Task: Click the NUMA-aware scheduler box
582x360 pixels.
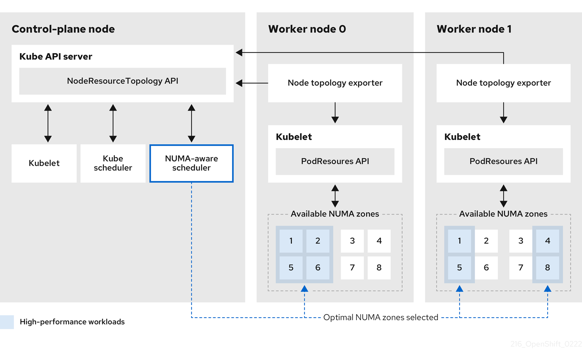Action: click(191, 163)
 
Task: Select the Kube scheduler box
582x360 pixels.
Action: click(113, 163)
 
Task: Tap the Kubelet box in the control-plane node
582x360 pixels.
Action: click(44, 163)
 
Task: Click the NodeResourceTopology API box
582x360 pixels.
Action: click(123, 81)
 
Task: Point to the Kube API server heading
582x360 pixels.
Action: click(56, 57)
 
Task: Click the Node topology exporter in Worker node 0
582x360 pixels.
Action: click(335, 83)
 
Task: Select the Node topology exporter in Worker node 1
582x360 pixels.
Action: click(504, 83)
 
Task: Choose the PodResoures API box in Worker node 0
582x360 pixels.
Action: click(335, 161)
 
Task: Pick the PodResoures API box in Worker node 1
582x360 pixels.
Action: click(504, 161)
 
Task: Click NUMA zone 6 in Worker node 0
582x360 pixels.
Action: click(318, 268)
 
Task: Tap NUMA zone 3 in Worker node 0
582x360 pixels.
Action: click(352, 241)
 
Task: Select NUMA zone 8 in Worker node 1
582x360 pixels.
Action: click(548, 268)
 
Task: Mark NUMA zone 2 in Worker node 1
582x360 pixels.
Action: click(486, 241)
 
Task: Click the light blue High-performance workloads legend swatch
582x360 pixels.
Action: click(7, 322)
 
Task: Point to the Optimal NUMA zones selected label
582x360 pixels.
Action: click(381, 318)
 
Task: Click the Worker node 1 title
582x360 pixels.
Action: click(474, 29)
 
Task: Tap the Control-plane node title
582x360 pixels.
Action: click(63, 29)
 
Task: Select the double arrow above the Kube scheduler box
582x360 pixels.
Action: click(113, 123)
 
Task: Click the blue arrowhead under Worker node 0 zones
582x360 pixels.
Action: click(304, 289)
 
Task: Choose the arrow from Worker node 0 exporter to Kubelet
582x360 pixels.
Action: click(335, 113)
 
